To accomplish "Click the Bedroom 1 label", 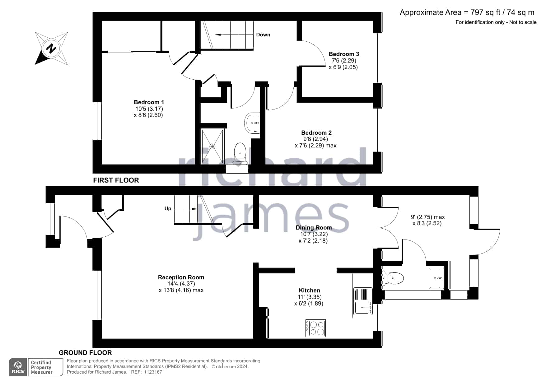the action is coord(149,102).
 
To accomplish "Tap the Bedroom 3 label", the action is coord(344,54).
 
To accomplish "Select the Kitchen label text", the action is coord(309,291).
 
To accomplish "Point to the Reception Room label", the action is coord(181,277).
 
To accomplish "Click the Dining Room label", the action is coord(314,228).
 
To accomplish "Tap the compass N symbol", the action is coord(51,49).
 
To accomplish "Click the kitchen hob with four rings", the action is coord(315,328).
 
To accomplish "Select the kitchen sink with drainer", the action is coord(363,301).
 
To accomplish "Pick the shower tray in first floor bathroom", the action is coord(212,146).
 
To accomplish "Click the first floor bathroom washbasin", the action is coord(252,123).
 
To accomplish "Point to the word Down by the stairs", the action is coord(263,35).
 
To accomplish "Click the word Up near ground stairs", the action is coord(168,209).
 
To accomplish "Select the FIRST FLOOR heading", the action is coord(116,180).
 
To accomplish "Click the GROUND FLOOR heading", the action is coord(85,353).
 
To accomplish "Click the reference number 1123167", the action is coord(153,372).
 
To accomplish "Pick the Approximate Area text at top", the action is coord(467,12).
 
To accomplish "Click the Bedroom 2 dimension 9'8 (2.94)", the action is coord(315,139).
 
